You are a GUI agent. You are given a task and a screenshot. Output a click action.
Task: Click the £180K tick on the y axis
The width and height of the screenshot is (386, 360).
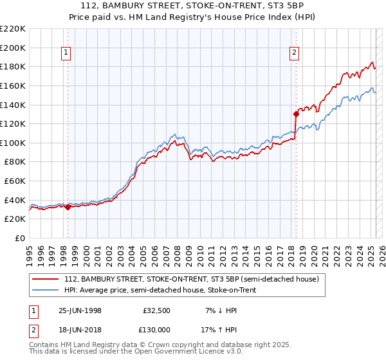pos(13,66)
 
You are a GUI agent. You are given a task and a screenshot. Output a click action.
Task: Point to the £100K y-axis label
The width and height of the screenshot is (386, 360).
pos(13,143)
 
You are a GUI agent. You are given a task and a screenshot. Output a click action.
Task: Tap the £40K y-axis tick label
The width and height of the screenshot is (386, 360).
pos(15,200)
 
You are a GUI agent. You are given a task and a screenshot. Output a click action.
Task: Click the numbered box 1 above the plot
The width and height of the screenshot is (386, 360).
pos(67,53)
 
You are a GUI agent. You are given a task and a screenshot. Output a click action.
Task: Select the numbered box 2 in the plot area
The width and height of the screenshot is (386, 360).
pos(294,53)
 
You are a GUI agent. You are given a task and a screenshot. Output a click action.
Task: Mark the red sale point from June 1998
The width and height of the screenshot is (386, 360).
pos(68,207)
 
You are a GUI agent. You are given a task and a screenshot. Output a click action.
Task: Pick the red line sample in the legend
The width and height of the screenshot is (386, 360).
pos(46,279)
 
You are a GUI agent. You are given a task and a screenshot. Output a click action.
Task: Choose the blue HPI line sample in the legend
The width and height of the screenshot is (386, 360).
pos(46,291)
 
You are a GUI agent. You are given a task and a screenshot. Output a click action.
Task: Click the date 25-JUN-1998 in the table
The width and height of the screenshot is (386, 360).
pos(80,310)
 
